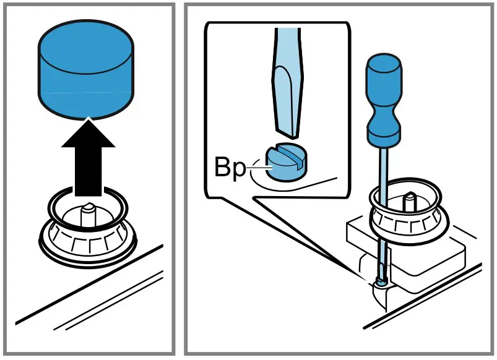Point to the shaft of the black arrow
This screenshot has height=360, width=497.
click(89, 173)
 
